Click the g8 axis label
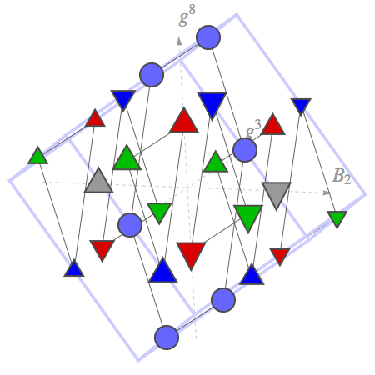click(187, 16)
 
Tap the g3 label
click(253, 129)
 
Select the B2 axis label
click(342, 176)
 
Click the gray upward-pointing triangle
click(98, 180)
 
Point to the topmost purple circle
click(208, 37)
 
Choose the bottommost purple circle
click(167, 337)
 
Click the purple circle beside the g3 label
click(245, 150)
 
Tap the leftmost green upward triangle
click(37, 156)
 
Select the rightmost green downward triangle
click(337, 219)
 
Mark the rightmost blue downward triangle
click(301, 107)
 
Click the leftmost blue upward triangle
click(74, 268)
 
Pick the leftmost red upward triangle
click(95, 118)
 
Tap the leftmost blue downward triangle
click(123, 100)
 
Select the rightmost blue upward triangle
click(252, 274)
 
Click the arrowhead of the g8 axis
click(179, 41)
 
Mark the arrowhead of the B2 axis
click(327, 192)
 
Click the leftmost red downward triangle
click(102, 250)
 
